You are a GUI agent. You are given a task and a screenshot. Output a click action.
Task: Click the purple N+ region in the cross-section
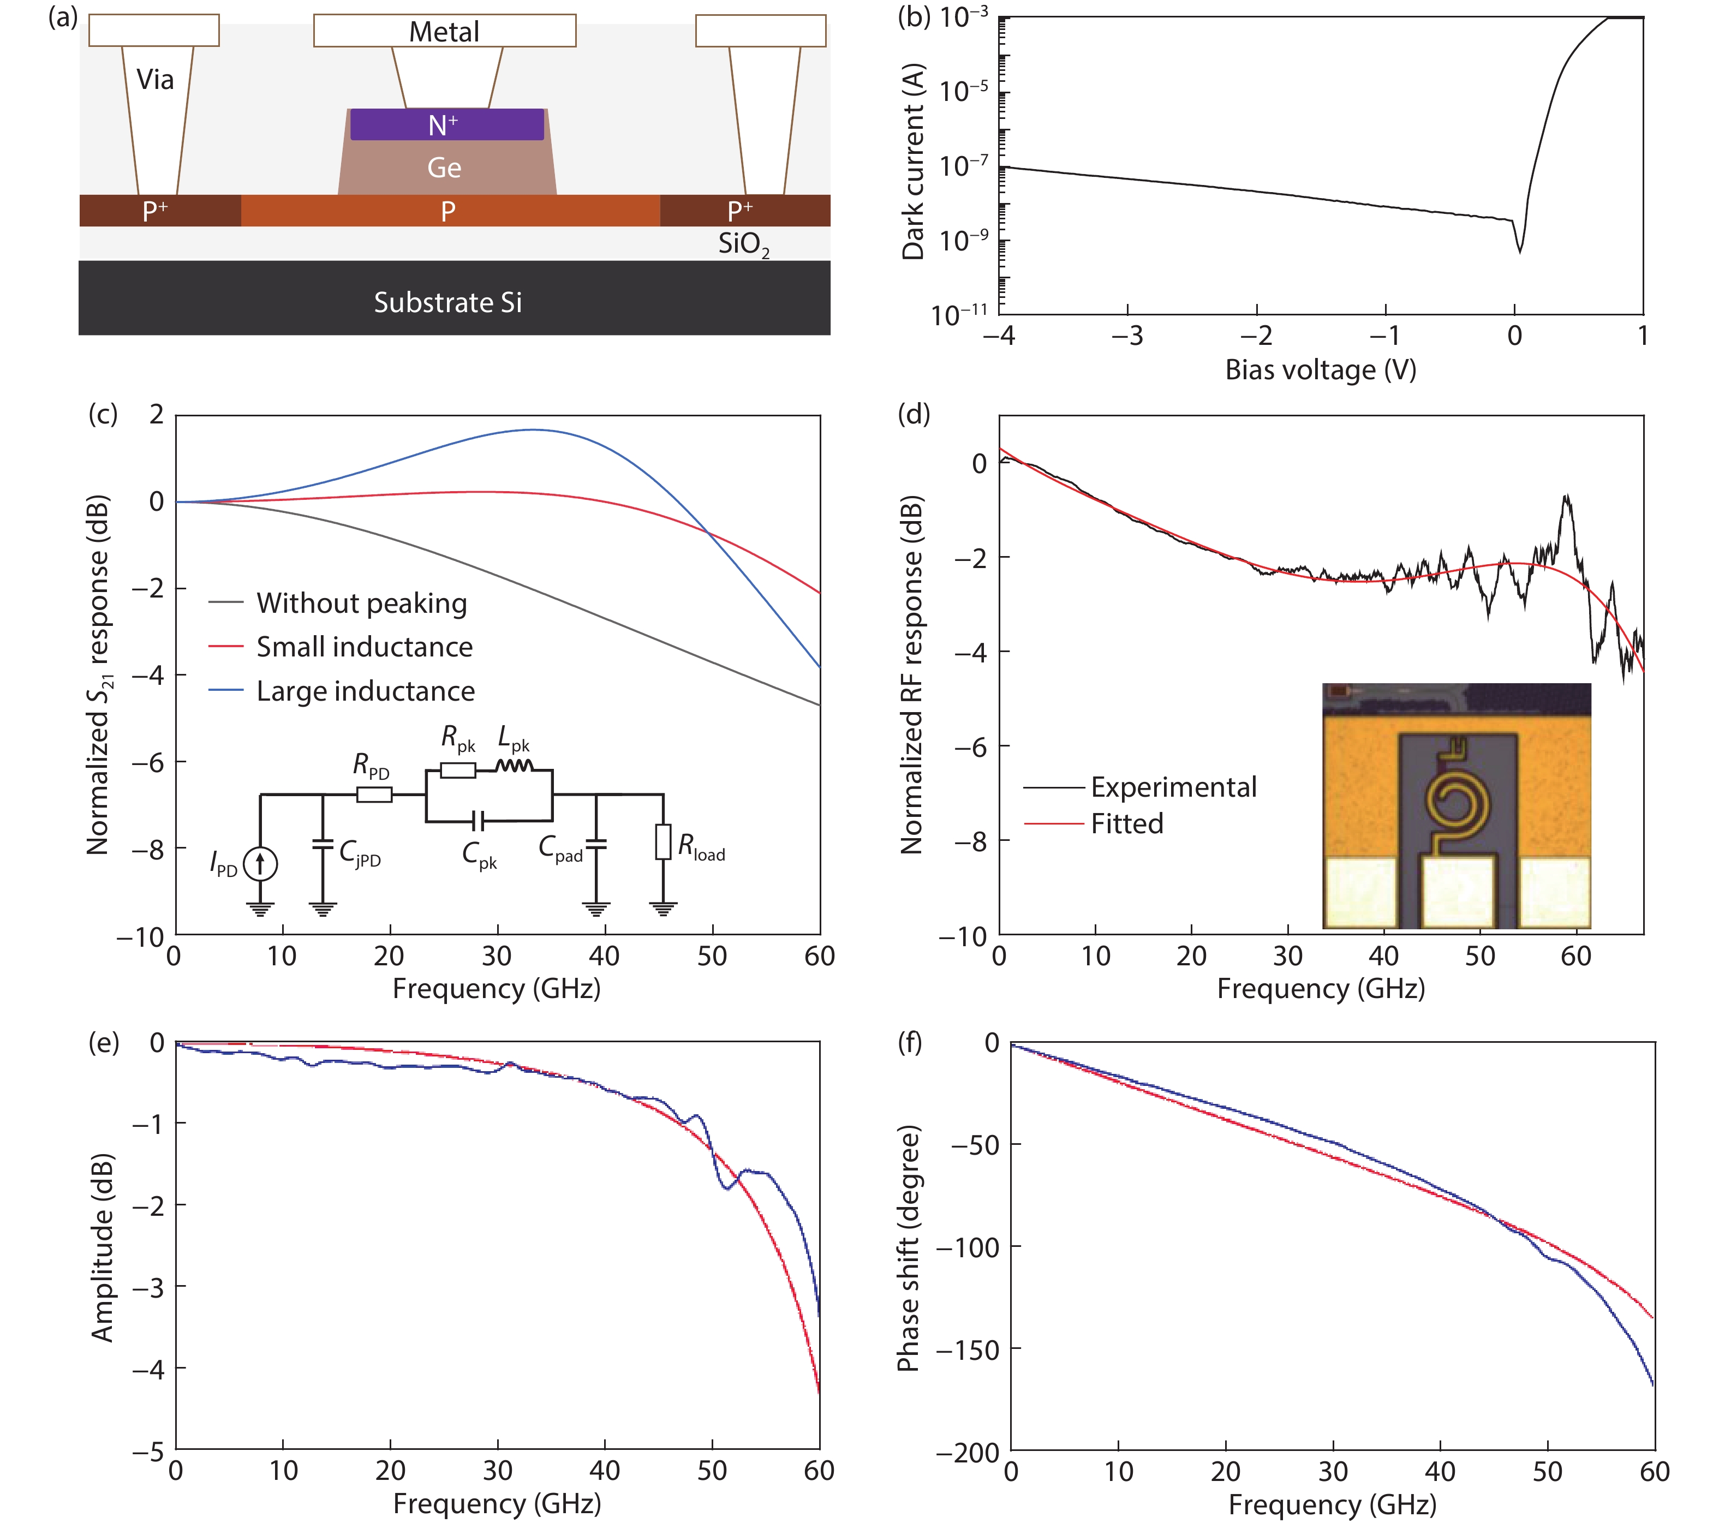click(446, 124)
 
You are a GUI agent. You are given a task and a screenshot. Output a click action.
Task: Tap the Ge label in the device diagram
click(444, 168)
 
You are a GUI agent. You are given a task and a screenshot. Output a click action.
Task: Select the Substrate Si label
click(447, 303)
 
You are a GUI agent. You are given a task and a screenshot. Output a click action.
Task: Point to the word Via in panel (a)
click(156, 80)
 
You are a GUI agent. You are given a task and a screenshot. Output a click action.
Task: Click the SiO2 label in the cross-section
click(743, 244)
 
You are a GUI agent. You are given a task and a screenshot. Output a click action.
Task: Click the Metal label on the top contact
click(444, 32)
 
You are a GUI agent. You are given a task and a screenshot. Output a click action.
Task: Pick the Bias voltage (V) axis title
click(1321, 370)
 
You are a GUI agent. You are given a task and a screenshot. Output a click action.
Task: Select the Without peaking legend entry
click(362, 603)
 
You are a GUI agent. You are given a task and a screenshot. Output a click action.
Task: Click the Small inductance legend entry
click(364, 647)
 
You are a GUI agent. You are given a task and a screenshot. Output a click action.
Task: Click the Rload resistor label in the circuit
click(701, 847)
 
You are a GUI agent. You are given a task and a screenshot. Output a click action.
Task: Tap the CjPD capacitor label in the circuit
click(360, 853)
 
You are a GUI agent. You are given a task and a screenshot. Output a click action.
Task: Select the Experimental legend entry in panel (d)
click(1173, 787)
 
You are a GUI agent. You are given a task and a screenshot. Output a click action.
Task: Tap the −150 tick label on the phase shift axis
click(967, 1351)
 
